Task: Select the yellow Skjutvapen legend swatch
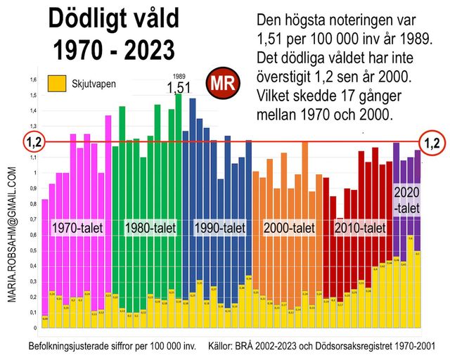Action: (x=57, y=84)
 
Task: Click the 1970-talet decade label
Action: (x=78, y=228)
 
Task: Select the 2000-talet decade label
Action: (x=288, y=228)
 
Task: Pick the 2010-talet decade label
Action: (x=359, y=228)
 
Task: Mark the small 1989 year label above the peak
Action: (x=179, y=75)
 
